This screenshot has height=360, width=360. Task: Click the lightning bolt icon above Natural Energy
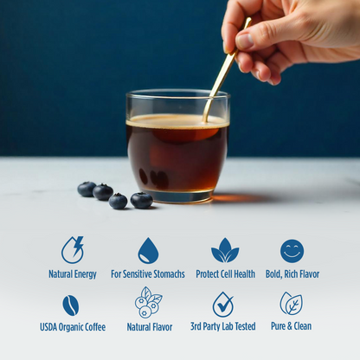click(73, 250)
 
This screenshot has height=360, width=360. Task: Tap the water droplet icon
click(148, 251)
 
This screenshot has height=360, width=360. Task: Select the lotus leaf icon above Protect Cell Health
click(225, 251)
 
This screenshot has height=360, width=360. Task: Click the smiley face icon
click(292, 251)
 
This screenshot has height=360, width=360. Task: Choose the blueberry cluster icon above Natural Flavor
click(148, 302)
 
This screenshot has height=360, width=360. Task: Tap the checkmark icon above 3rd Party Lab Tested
click(222, 305)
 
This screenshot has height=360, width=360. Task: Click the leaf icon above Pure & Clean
click(291, 304)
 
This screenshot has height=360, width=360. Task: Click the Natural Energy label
click(73, 274)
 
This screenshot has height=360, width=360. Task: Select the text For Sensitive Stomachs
click(148, 274)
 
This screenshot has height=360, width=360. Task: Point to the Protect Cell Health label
click(225, 274)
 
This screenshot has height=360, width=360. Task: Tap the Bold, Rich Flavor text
click(292, 274)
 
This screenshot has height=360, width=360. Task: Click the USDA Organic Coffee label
click(73, 327)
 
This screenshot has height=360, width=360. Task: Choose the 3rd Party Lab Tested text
click(222, 327)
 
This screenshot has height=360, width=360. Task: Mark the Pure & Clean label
click(291, 327)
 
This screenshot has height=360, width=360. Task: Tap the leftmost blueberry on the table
click(87, 189)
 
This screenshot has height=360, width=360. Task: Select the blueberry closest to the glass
click(141, 200)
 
